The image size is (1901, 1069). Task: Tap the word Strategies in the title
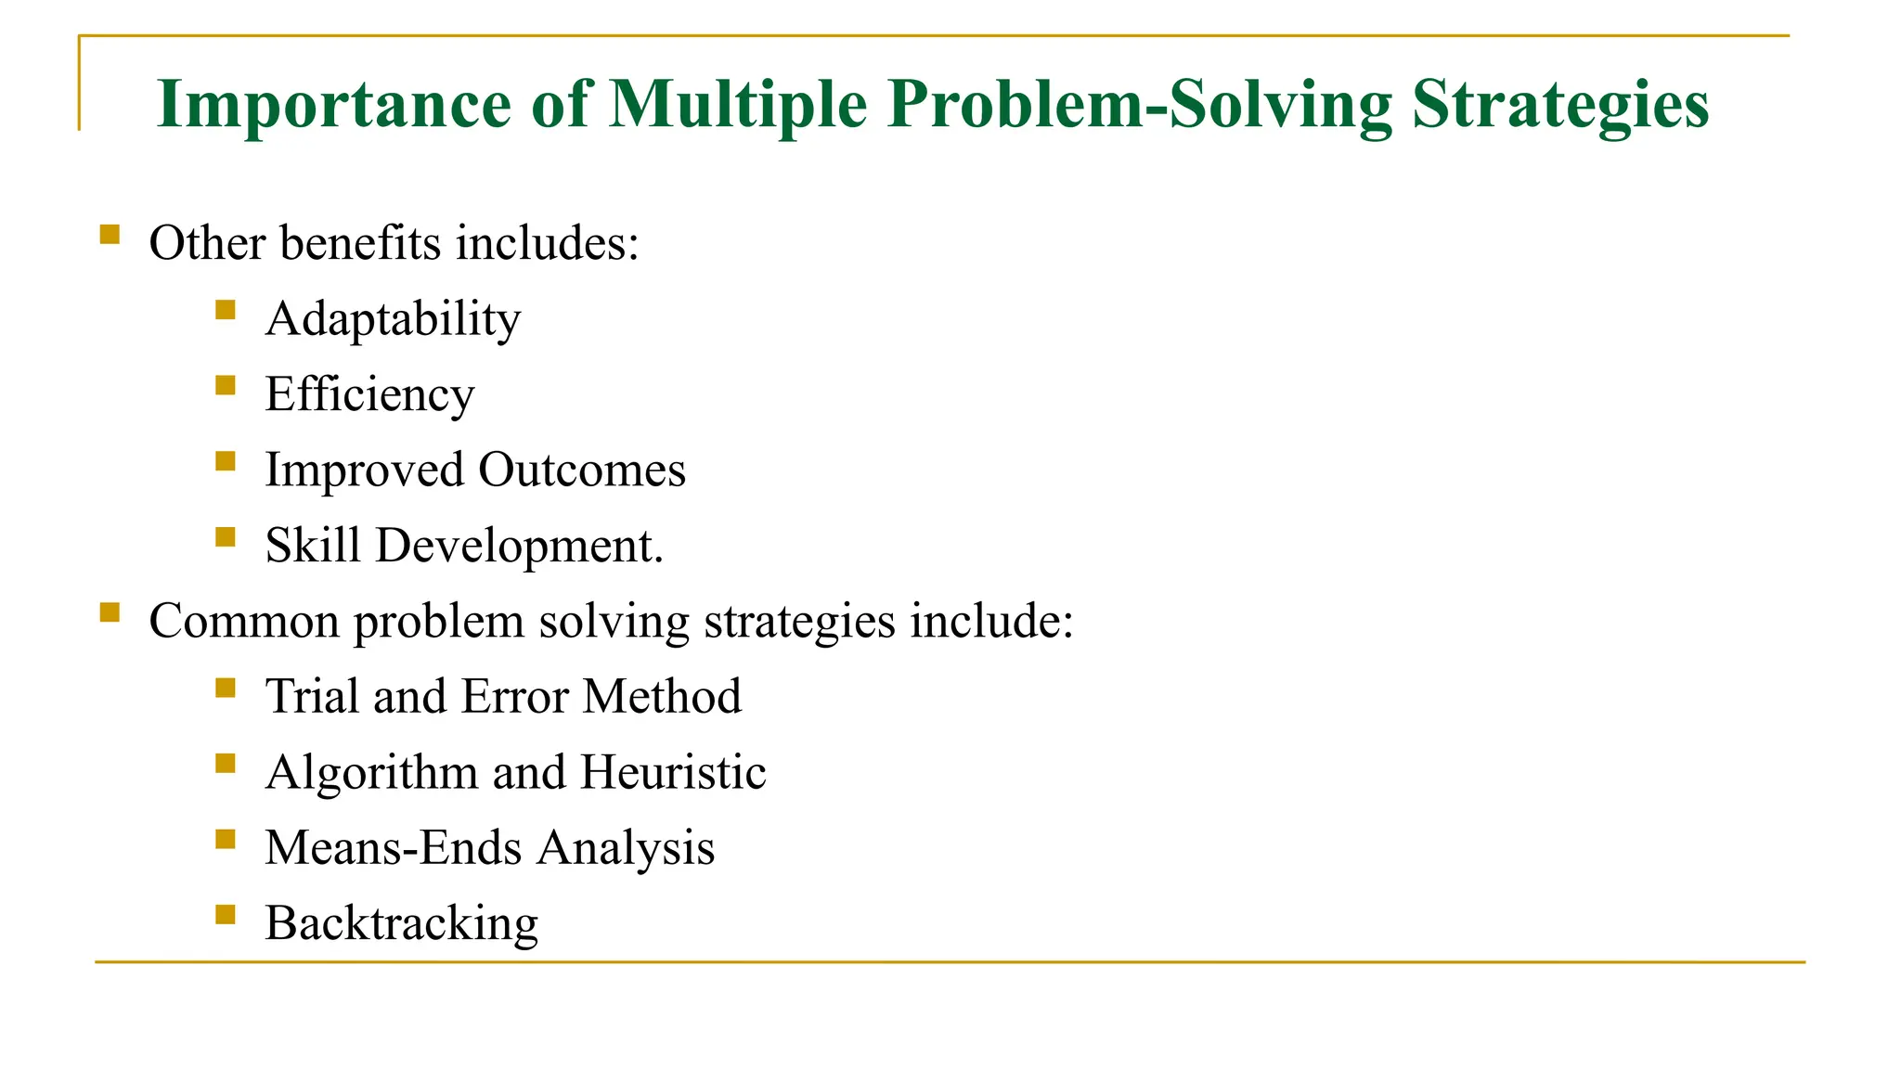pos(1559,104)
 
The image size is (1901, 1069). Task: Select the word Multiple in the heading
pos(737,104)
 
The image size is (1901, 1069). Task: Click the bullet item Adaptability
pos(393,320)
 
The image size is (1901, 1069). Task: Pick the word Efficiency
pos(369,395)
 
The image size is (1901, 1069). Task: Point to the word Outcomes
pos(582,470)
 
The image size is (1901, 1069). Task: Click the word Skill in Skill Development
pos(312,545)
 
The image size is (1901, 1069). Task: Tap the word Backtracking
pos(401,924)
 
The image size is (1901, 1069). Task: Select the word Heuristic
pos(673,772)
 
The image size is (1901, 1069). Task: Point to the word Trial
pos(312,696)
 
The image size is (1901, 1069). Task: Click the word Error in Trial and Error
pos(513,696)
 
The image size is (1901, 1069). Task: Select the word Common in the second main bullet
pos(244,621)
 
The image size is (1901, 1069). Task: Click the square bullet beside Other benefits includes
pos(110,234)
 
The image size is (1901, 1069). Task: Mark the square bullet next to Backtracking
pos(225,915)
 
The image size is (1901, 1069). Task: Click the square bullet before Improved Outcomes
pos(225,461)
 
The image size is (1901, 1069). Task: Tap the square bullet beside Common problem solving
pos(110,612)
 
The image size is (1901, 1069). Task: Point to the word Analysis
pos(626,848)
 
